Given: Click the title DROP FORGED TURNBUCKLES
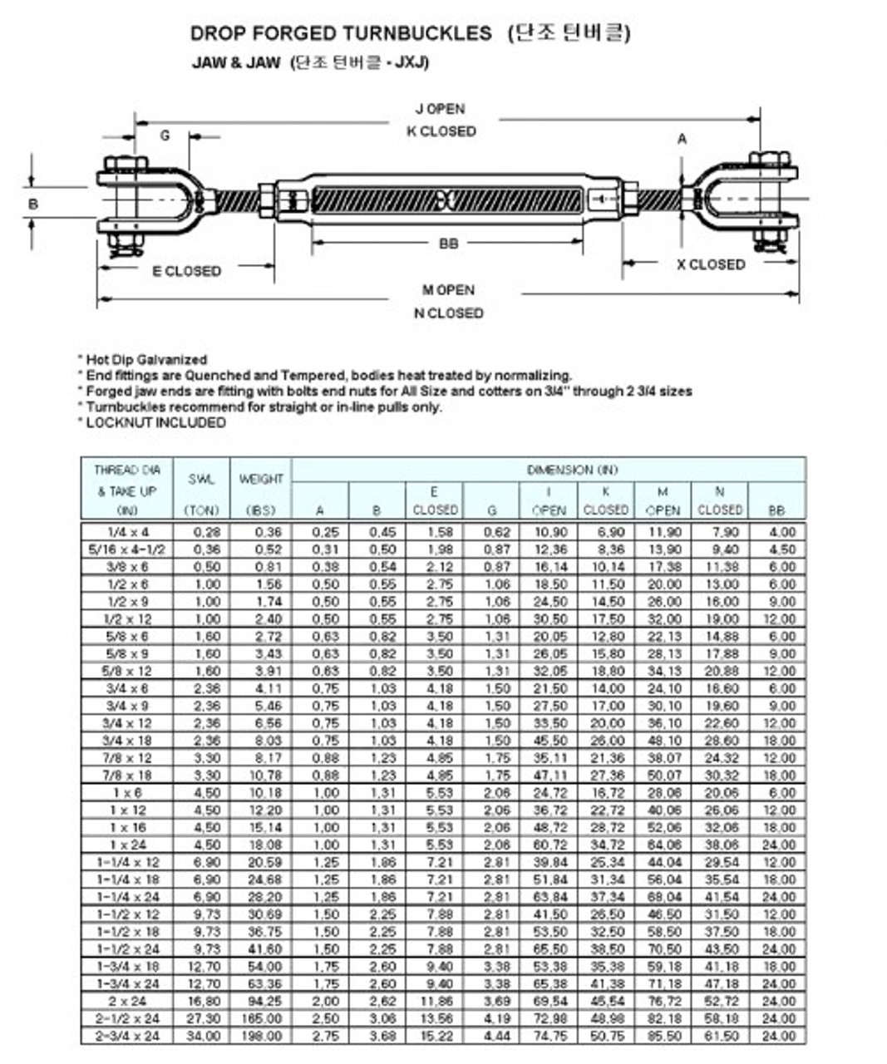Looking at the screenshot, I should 341,33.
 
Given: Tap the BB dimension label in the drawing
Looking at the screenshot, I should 448,244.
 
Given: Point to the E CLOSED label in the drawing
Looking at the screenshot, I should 186,271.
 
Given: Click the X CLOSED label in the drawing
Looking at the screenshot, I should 710,264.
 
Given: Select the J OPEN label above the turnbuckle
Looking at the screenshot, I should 441,109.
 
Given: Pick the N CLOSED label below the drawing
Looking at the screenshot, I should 448,313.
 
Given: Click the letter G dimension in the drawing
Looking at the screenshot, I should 165,135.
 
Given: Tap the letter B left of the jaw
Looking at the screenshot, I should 33,204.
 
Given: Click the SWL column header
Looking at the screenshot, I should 201,480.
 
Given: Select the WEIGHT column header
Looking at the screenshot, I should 261,480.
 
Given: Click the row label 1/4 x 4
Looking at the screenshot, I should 128,532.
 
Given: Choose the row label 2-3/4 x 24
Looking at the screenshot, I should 128,1037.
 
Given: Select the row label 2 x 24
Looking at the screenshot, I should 128,1002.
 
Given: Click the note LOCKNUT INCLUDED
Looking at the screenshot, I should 155,422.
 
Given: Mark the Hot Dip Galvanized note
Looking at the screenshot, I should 146,360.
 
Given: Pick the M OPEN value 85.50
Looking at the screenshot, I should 663,1037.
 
